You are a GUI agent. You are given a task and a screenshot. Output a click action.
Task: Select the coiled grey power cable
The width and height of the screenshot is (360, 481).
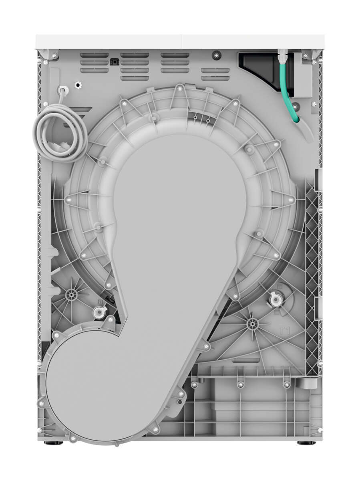(60, 134)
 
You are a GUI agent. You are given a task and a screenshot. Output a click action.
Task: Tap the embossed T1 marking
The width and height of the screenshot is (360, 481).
(284, 331)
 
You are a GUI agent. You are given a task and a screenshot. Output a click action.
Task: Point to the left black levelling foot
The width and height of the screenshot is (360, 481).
(51, 443)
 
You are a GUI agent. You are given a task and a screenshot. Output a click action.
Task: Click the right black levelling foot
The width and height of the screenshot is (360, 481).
(306, 443)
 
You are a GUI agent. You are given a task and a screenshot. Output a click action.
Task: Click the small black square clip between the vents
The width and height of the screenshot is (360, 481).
(115, 62)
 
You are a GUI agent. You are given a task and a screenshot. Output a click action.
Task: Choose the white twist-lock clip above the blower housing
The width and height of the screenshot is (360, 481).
(98, 312)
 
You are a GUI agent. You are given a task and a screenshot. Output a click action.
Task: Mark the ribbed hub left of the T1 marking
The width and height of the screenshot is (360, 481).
(252, 324)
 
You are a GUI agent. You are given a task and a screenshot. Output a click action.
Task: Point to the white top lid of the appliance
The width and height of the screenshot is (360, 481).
(180, 41)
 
